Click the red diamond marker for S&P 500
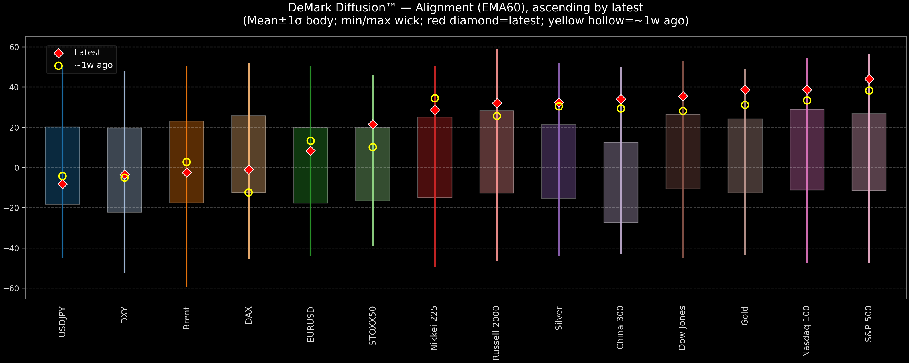tap(869, 79)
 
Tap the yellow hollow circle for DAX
tap(249, 192)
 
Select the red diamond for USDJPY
tap(62, 184)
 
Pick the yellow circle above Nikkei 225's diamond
tap(435, 98)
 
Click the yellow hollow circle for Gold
tap(745, 105)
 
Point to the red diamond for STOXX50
tap(373, 124)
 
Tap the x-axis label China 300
tap(620, 327)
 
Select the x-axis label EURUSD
tap(311, 324)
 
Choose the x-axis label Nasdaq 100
tap(806, 331)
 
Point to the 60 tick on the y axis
tap(14, 47)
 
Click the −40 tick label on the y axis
tap(12, 248)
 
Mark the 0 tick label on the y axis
tap(17, 168)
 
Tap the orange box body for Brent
tap(187, 141)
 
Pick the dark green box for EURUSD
tap(311, 176)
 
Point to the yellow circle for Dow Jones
tap(683, 111)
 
